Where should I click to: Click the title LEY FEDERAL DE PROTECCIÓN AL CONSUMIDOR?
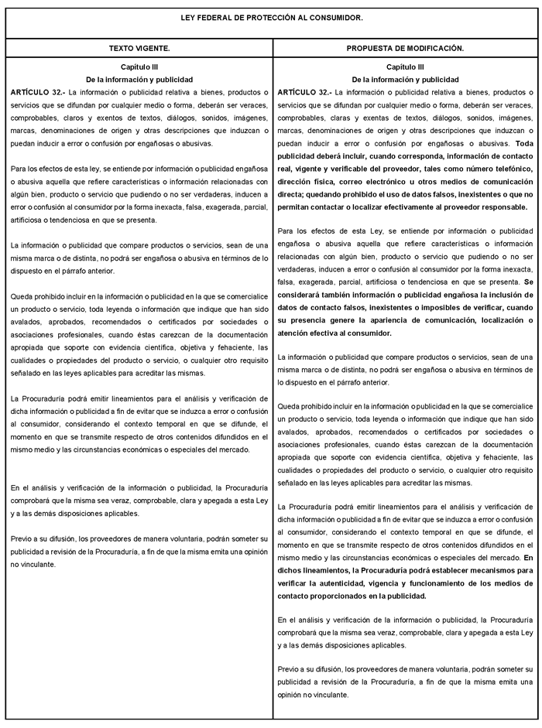(271, 17)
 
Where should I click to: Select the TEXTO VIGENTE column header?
(139, 48)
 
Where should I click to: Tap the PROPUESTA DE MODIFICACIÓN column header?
(405, 48)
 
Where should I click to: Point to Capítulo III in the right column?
(405, 68)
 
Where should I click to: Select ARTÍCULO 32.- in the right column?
(304, 92)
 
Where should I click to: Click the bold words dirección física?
(309, 182)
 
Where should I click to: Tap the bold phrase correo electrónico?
(376, 182)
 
